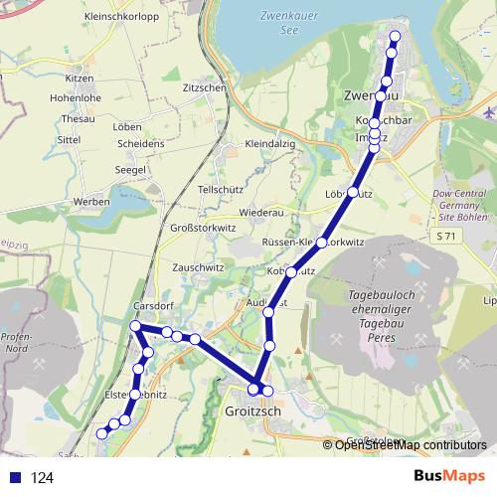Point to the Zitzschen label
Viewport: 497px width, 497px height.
pos(205,87)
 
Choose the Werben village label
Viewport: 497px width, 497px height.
pos(90,202)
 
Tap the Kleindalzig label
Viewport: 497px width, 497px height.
pos(271,145)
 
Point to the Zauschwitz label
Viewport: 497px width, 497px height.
pos(197,267)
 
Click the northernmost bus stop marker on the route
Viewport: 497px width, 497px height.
pos(395,37)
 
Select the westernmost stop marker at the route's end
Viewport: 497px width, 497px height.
pos(101,432)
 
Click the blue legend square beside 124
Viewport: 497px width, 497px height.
pos(13,478)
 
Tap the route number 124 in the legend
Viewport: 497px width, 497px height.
pos(42,478)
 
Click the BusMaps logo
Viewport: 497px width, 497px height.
pos(451,477)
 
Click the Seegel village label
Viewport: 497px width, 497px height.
pos(131,170)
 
